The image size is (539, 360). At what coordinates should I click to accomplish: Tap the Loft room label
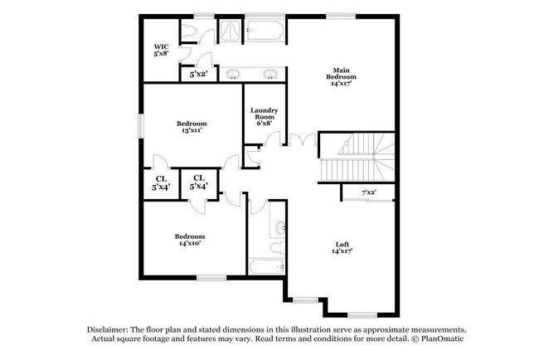pyautogui.click(x=342, y=245)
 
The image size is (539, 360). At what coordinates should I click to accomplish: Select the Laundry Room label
pyautogui.click(x=264, y=114)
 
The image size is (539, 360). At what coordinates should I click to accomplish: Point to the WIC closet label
pyautogui.click(x=161, y=46)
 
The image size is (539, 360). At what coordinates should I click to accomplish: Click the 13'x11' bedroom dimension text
pyautogui.click(x=192, y=130)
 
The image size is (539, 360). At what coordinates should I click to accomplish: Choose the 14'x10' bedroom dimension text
pyautogui.click(x=190, y=243)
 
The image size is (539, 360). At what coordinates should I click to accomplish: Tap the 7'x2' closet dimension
pyautogui.click(x=369, y=192)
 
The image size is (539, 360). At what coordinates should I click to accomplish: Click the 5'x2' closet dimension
pyautogui.click(x=199, y=74)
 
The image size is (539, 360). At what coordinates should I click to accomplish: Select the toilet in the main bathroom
pyautogui.click(x=188, y=32)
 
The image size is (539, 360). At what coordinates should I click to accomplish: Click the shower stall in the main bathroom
pyautogui.click(x=231, y=31)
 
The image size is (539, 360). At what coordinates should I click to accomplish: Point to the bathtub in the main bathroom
pyautogui.click(x=265, y=31)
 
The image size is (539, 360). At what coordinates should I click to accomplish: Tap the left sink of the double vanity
pyautogui.click(x=234, y=74)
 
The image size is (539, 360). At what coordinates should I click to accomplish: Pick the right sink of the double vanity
pyautogui.click(x=269, y=74)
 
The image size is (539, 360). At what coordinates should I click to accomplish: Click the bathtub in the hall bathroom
pyautogui.click(x=267, y=266)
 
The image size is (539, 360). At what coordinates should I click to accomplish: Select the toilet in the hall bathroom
pyautogui.click(x=278, y=247)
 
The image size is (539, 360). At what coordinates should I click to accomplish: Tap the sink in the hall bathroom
pyautogui.click(x=280, y=227)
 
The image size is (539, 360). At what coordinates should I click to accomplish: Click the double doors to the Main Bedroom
pyautogui.click(x=303, y=140)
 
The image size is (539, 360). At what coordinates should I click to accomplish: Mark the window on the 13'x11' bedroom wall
pyautogui.click(x=141, y=126)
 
